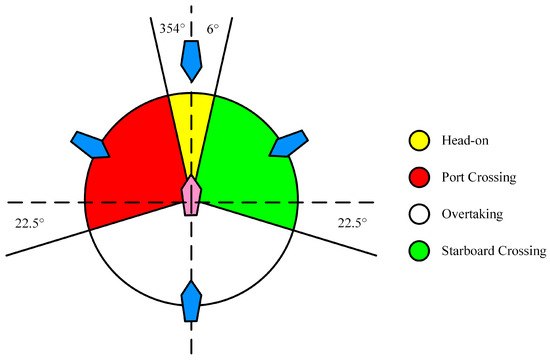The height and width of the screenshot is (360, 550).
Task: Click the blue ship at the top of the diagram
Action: [x=192, y=62]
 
